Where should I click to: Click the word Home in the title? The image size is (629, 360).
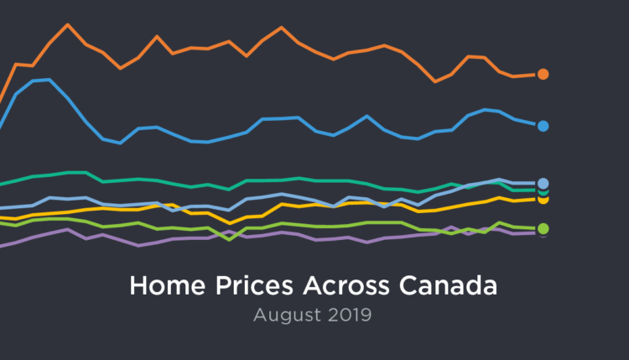(x=161, y=285)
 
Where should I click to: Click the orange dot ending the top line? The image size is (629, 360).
(x=543, y=74)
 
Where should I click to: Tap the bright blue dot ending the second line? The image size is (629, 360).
(x=543, y=126)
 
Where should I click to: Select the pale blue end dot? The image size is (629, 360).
(x=543, y=183)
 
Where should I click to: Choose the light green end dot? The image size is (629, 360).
(x=543, y=229)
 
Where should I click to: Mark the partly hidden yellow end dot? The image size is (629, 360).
(x=543, y=201)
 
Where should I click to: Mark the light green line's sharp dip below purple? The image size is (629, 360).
(x=231, y=240)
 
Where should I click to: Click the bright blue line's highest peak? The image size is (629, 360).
(x=49, y=80)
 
